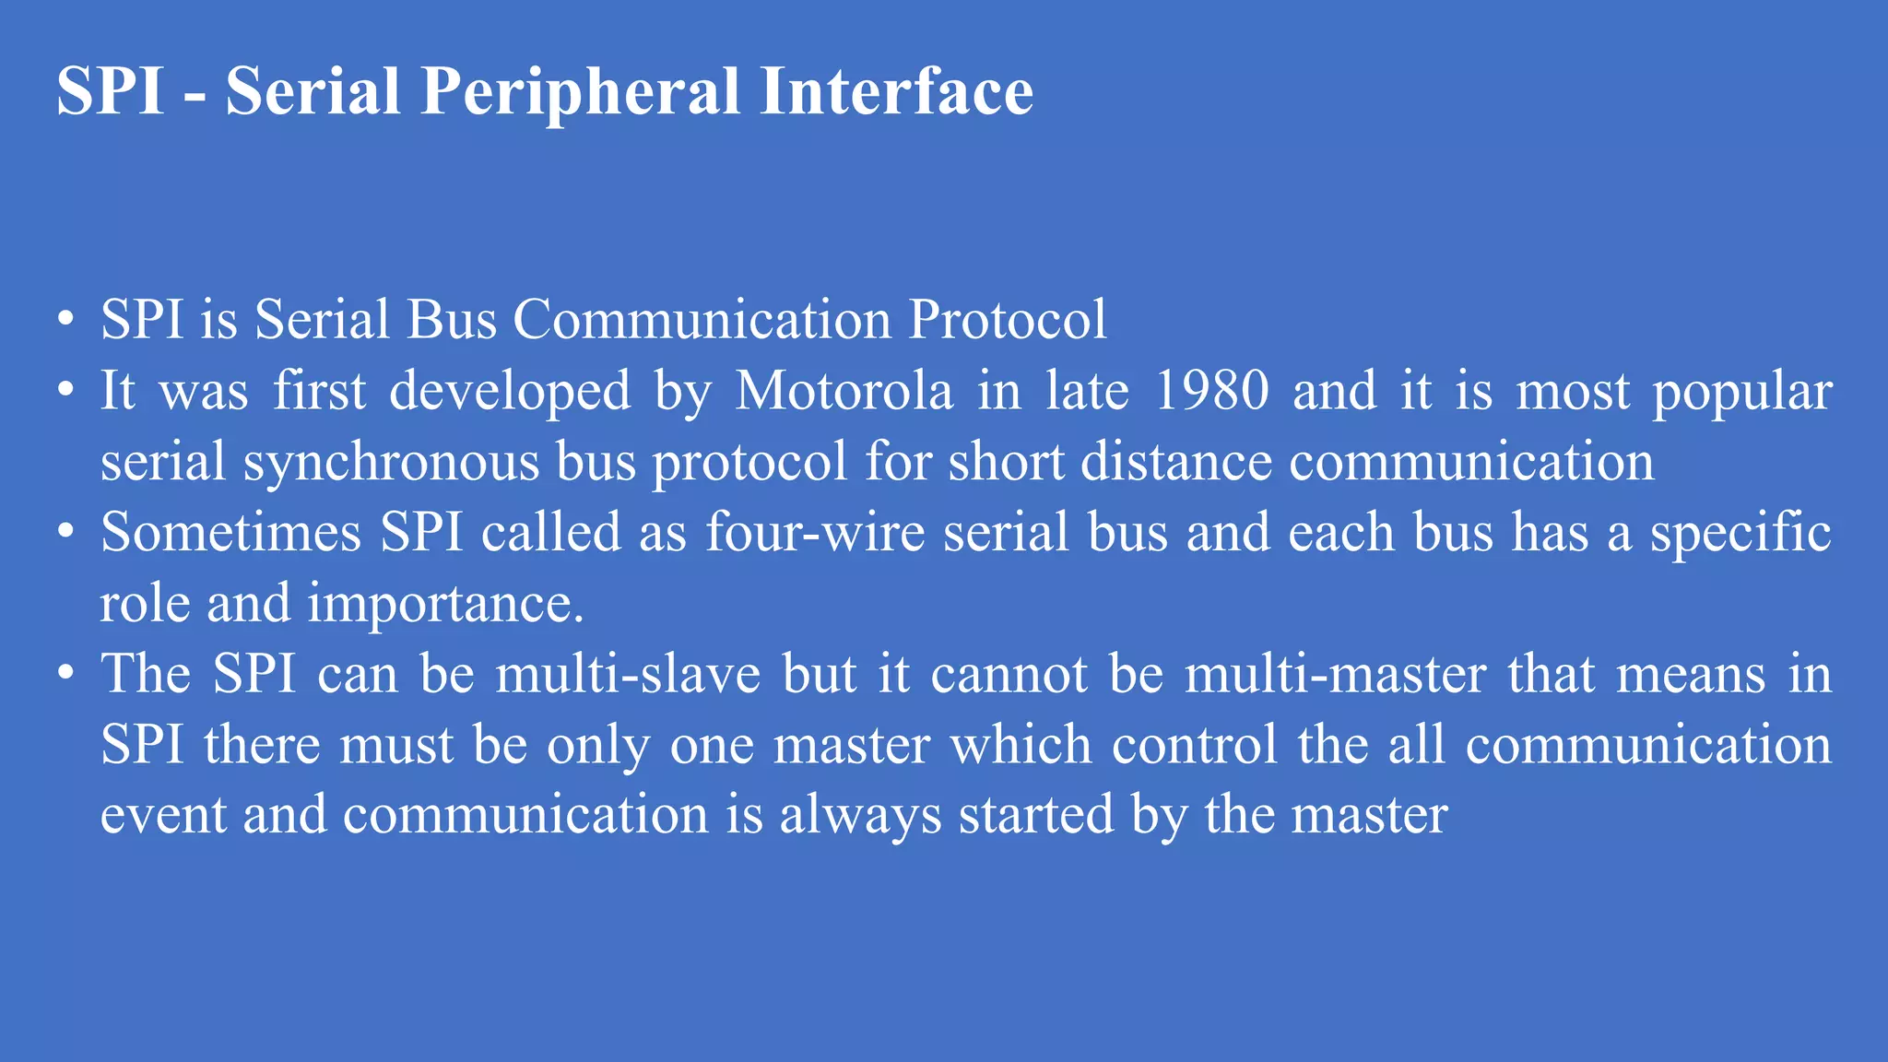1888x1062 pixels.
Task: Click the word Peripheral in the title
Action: tap(580, 92)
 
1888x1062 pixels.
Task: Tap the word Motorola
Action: tap(844, 391)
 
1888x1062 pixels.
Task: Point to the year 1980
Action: tap(1211, 391)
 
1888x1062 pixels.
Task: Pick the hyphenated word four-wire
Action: tap(815, 533)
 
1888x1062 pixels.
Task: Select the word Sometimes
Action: tap(230, 533)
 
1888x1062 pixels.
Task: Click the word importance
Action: tap(445, 604)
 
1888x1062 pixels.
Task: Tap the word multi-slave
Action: tap(628, 674)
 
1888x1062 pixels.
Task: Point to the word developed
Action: tap(510, 391)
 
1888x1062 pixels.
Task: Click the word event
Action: tap(162, 816)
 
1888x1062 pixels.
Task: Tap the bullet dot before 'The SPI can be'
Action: tap(65, 674)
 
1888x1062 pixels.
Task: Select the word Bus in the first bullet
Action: tap(452, 320)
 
